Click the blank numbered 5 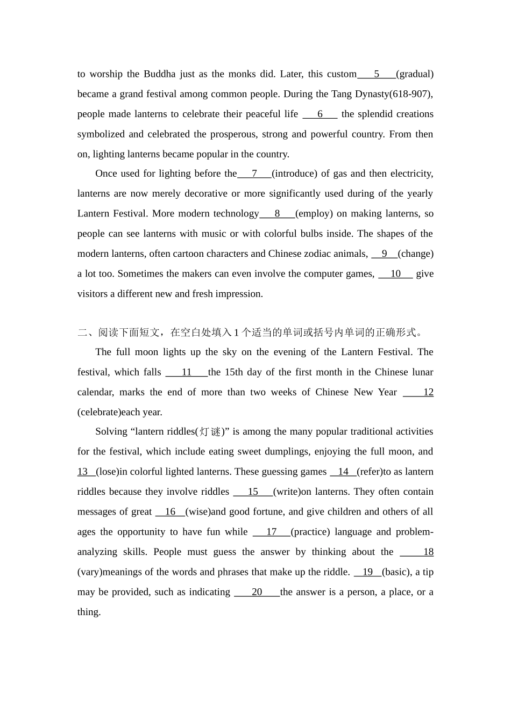377,74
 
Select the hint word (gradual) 415,74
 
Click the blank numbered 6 320,114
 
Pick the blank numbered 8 277,214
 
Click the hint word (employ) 314,214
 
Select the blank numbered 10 395,274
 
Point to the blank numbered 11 186,372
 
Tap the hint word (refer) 370,472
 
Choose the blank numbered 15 253,492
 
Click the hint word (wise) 202,512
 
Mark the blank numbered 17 271,532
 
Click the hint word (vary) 90,572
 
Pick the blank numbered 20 257,592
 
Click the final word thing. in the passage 89,612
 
